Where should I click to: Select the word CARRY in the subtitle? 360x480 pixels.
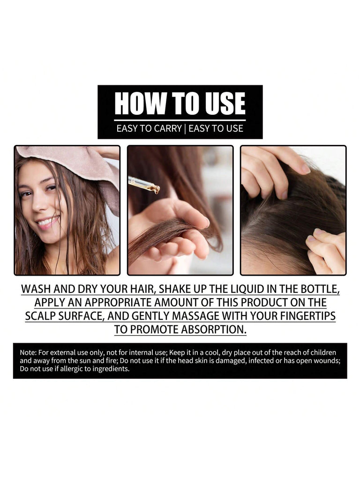(x=168, y=128)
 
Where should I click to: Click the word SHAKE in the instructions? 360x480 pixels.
(x=177, y=289)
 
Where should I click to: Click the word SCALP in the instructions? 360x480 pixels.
(x=40, y=316)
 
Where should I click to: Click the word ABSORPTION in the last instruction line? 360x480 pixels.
(x=214, y=330)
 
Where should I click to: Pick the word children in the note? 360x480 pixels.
(x=323, y=352)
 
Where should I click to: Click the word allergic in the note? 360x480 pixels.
(x=71, y=369)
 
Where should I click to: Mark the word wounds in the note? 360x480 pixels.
(x=329, y=361)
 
